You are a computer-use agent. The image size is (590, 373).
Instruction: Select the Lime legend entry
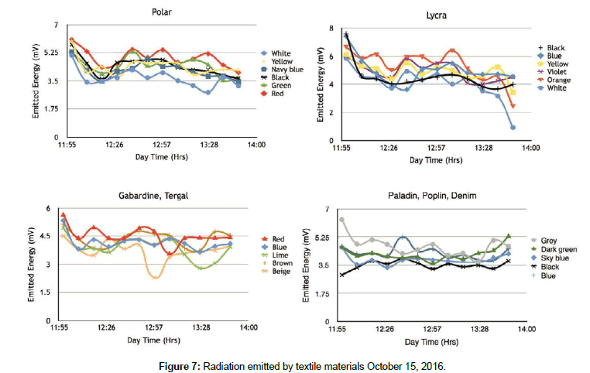point(281,253)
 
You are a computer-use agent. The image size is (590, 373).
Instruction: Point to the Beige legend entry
point(283,272)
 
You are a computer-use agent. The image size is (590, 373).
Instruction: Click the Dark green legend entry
point(557,249)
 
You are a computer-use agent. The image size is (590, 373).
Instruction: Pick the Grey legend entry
point(549,241)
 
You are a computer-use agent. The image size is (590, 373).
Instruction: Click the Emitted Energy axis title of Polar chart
point(36,83)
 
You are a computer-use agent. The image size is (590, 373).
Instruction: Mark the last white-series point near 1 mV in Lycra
point(513,127)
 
